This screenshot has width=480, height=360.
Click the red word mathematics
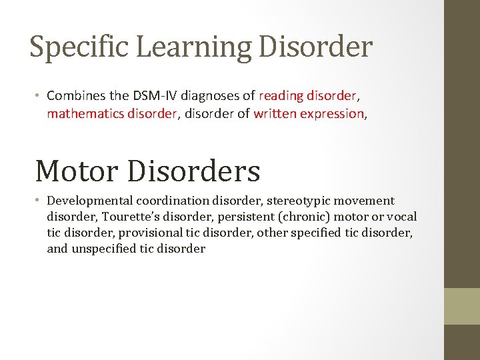(x=82, y=113)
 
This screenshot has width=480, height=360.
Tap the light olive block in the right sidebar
(x=462, y=306)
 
